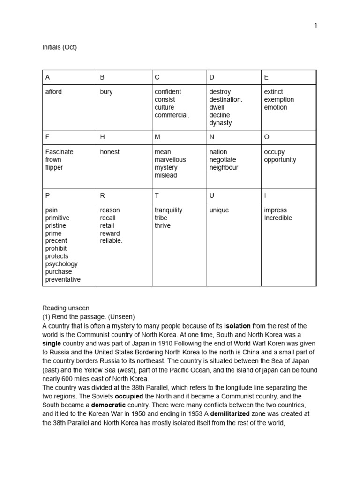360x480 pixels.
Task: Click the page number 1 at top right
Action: point(315,25)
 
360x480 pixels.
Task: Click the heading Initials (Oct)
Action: point(60,47)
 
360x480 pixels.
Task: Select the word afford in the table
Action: point(53,92)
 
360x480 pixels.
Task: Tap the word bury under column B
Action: point(106,92)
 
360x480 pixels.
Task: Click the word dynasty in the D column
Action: point(221,123)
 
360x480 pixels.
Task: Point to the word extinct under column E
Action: point(274,92)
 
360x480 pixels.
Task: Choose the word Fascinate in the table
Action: point(60,152)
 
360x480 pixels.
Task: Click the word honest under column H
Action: point(110,152)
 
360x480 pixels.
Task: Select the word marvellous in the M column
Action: point(170,160)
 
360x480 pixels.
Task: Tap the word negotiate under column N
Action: point(223,160)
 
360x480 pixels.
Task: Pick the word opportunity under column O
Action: point(280,160)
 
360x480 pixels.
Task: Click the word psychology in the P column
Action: point(61,264)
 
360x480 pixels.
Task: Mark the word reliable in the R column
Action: point(111,241)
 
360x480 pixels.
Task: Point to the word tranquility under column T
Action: point(169,210)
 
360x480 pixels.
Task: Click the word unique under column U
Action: point(219,210)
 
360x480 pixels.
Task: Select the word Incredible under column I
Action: point(278,218)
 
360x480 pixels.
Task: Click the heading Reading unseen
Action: point(63,308)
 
